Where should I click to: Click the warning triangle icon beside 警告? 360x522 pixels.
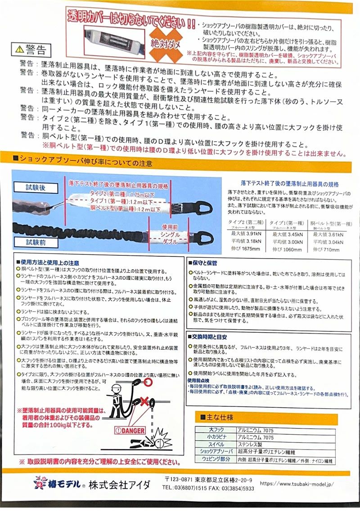pyautogui.click(x=20, y=48)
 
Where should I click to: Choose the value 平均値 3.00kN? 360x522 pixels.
pyautogui.click(x=287, y=242)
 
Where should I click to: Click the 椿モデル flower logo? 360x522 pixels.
pyautogui.click(x=40, y=484)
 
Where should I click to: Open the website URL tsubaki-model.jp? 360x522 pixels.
pyautogui.click(x=297, y=484)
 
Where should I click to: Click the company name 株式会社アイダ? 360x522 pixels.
pyautogui.click(x=119, y=485)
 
